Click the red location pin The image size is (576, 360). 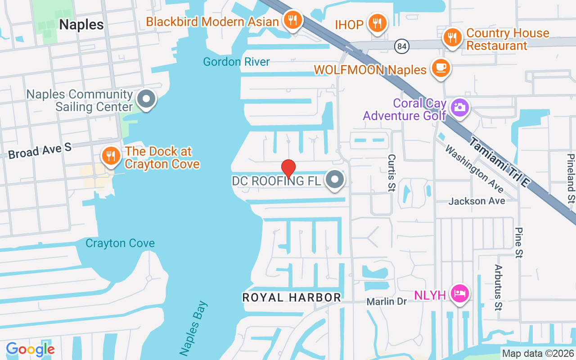288,168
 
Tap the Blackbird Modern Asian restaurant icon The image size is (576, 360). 293,20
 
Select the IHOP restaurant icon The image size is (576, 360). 377,23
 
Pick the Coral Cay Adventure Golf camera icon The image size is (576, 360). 459,107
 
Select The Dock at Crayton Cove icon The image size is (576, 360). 111,156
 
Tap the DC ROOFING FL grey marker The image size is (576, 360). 335,180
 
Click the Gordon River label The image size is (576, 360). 236,62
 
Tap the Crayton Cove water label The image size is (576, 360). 120,243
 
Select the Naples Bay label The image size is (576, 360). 194,328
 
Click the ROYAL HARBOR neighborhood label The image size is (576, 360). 292,297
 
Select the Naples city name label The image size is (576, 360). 81,24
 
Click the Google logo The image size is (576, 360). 31,349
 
